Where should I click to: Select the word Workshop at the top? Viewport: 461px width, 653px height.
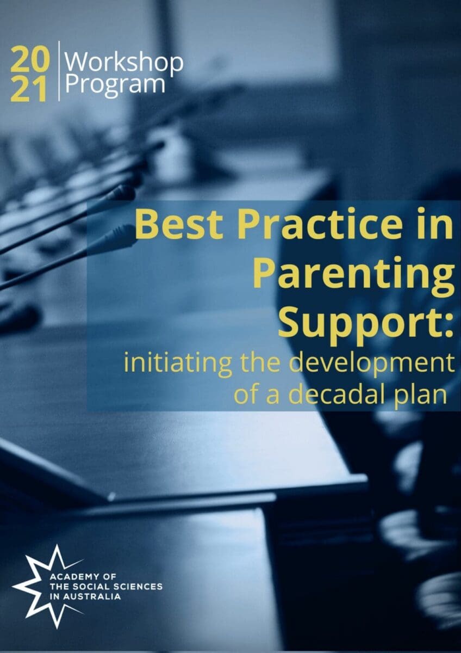(124, 64)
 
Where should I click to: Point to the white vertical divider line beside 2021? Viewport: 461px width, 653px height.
(59, 73)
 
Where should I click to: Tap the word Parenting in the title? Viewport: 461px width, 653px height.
(353, 275)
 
